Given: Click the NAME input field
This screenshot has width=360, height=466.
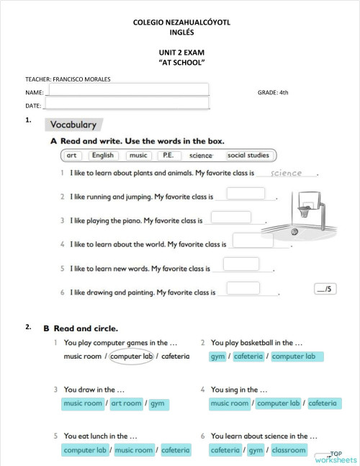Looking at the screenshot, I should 127,90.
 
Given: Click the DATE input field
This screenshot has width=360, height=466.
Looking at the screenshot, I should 127,104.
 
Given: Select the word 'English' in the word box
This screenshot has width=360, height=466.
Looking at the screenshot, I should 102,155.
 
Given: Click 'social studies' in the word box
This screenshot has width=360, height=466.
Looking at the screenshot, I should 248,155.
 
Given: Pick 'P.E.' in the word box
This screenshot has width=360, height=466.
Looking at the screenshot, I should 168,155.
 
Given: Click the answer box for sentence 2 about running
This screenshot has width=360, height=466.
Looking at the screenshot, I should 246,193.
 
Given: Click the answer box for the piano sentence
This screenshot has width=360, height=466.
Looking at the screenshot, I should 231,217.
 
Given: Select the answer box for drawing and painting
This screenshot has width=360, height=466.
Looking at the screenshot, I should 238,288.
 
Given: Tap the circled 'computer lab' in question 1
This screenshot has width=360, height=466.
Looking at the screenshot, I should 131,356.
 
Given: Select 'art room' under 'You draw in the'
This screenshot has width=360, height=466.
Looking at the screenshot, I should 126,403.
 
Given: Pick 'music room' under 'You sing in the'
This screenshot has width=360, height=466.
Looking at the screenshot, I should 230,403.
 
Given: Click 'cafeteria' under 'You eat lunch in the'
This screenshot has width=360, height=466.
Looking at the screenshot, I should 176,450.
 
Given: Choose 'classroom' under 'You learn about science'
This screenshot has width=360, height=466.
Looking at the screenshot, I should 289,450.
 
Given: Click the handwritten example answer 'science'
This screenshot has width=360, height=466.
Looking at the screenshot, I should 276,174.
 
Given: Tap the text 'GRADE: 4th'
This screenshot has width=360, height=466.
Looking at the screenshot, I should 273,92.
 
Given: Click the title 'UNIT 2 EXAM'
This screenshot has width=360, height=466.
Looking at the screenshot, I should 181,53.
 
